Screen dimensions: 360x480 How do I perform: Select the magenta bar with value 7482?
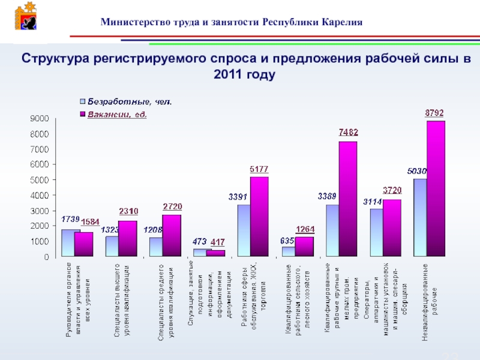[x=347, y=199]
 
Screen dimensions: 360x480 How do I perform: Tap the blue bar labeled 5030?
[x=419, y=217]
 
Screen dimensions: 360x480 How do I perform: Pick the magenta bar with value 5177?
[x=259, y=216]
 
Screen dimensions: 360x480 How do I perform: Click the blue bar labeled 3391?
[x=244, y=230]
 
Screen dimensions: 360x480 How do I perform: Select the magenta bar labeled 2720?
[x=172, y=235]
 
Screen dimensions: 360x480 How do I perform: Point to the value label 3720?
[x=392, y=191]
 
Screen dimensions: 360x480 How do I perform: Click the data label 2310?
[x=128, y=211]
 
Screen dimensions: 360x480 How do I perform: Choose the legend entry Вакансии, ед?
[x=118, y=113]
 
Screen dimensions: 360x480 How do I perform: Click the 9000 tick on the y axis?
[x=41, y=119]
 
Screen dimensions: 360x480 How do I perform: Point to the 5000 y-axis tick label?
[x=41, y=180]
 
